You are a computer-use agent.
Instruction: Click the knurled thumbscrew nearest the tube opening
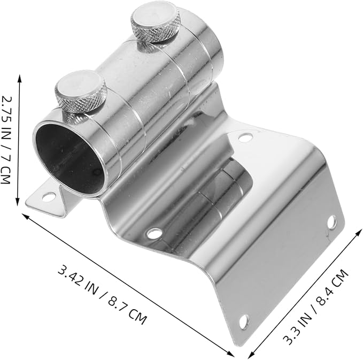(x=81, y=92)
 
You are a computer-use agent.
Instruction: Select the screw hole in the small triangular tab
(x=48, y=197)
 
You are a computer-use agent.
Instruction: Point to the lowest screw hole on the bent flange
(x=244, y=321)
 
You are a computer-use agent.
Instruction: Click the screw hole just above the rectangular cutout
(x=245, y=138)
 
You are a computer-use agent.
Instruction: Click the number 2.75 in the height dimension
(x=6, y=110)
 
